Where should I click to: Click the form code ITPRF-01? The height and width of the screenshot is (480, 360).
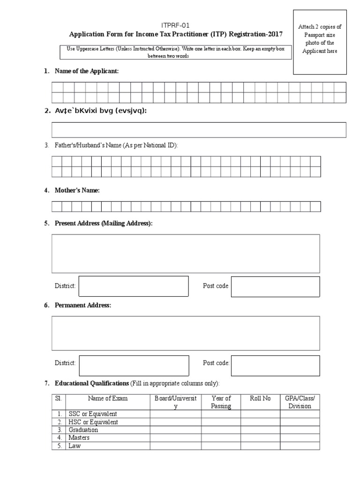click(176, 25)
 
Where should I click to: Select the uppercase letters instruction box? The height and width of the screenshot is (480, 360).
click(176, 52)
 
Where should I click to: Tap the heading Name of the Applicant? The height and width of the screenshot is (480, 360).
click(87, 71)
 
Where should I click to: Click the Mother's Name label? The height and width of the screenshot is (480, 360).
click(77, 190)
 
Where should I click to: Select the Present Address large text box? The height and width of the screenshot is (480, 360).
click(186, 254)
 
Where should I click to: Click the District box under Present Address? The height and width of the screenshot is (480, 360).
click(133, 286)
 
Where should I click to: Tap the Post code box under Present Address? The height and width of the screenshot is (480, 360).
click(275, 286)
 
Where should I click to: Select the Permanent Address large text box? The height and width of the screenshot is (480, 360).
click(186, 333)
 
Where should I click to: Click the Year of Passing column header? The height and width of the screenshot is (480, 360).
click(221, 402)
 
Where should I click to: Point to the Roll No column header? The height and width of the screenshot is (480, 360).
click(260, 398)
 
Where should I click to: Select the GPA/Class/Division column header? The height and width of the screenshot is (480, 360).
click(300, 402)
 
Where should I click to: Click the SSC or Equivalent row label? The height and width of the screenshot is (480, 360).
click(93, 414)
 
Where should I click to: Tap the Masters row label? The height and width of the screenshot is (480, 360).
click(79, 438)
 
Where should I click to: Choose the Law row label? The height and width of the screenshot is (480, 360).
click(75, 446)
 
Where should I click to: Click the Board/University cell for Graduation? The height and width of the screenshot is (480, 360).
click(176, 430)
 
